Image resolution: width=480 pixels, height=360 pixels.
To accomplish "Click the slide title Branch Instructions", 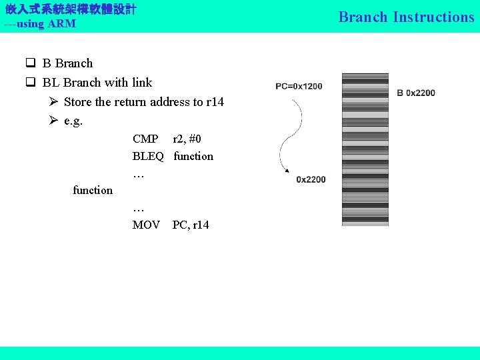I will pos(406,17).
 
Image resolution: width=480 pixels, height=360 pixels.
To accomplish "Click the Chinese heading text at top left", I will pos(71,9).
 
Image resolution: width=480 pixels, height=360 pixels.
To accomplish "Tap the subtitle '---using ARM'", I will pos(40,24).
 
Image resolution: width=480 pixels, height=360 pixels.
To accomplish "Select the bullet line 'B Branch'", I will pos(67,63).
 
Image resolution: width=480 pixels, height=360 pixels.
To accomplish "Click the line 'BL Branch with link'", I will pos(97,83).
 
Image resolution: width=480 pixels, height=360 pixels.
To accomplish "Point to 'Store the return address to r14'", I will pos(143,102).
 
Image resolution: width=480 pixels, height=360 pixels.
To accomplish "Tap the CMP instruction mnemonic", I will pos(145,139).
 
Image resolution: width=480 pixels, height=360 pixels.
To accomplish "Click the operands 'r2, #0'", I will pos(187,139).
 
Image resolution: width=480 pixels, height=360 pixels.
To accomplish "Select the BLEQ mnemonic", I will pos(148,156).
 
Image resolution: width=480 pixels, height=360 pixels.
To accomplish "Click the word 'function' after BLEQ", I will pos(193,156).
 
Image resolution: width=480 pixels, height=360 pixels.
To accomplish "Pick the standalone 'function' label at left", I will pos(93,190).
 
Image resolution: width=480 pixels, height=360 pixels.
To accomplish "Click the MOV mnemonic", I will pos(146,225).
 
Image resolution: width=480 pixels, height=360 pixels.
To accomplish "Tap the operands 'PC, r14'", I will pos(191,225).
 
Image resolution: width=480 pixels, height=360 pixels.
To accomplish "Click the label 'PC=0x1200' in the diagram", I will pos(299,86).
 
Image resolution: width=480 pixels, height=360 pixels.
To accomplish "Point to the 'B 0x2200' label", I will pos(416,93).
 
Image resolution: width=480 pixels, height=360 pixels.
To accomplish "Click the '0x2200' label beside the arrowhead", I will pos(311,179).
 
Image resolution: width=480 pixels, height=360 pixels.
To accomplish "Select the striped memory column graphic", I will pos(365,149).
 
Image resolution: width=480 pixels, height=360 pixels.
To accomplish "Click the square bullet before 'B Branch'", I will pos(31,64).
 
